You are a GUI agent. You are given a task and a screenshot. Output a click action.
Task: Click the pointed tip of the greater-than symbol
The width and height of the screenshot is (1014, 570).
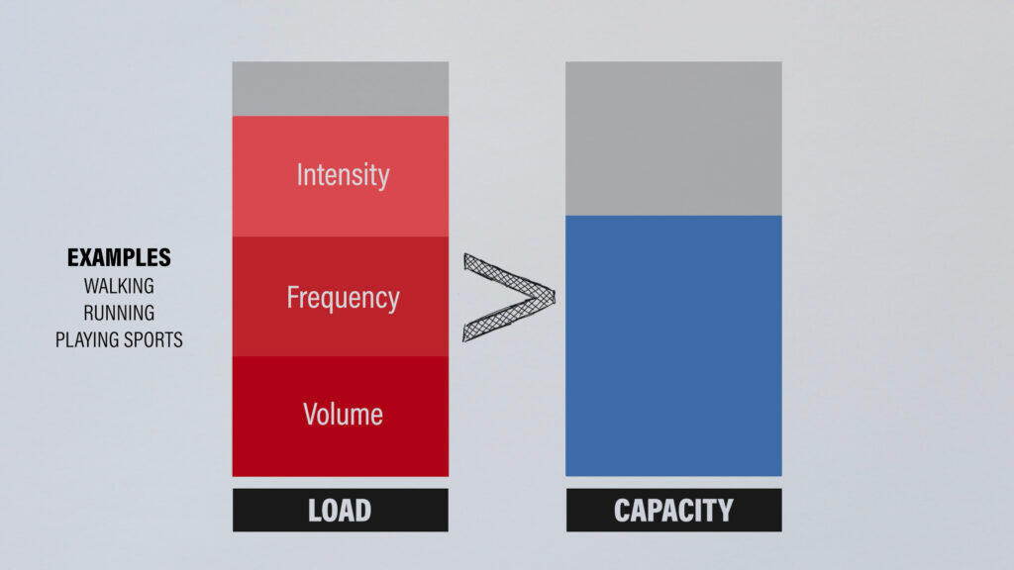point(555,297)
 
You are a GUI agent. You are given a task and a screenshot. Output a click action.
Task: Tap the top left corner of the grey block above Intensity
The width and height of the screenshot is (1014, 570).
point(233,62)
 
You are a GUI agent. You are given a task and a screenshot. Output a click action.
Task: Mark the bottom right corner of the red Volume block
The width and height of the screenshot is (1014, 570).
point(449,476)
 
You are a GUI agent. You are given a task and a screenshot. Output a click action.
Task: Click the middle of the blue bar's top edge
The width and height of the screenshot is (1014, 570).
point(673,216)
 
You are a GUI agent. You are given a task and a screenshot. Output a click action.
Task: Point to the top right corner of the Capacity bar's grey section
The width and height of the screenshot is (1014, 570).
point(782,62)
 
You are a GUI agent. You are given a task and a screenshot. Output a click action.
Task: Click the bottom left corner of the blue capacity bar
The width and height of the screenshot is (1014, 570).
point(565,476)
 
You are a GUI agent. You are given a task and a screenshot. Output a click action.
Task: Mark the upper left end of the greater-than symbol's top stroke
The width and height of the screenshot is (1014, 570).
point(465,256)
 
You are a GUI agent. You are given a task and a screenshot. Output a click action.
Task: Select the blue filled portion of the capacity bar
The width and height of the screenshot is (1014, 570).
point(673,345)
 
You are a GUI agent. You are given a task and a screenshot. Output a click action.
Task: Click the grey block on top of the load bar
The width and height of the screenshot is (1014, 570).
point(341,89)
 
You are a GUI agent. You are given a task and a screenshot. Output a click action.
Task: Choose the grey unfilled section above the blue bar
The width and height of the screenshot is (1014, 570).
point(673,139)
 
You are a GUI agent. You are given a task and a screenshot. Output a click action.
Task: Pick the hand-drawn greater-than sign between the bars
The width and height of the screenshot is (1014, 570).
point(509,297)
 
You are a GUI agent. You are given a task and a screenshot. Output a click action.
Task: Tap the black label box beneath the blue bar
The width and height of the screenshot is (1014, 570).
point(673,511)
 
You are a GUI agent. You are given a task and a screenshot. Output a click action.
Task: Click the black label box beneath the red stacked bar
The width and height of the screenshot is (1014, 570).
point(341,511)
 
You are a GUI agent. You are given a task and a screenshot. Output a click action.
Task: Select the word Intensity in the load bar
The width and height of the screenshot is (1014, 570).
point(343,175)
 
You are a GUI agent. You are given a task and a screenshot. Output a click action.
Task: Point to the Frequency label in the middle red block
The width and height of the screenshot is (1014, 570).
point(343,298)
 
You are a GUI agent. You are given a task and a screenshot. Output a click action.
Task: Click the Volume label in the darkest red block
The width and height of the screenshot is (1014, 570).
point(343,415)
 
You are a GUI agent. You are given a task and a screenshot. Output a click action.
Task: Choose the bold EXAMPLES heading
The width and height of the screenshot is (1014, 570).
point(119,258)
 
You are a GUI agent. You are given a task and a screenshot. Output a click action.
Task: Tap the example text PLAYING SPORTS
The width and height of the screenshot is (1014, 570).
point(119,340)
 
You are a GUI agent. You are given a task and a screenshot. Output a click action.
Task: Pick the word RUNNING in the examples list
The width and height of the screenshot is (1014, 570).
point(119,313)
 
